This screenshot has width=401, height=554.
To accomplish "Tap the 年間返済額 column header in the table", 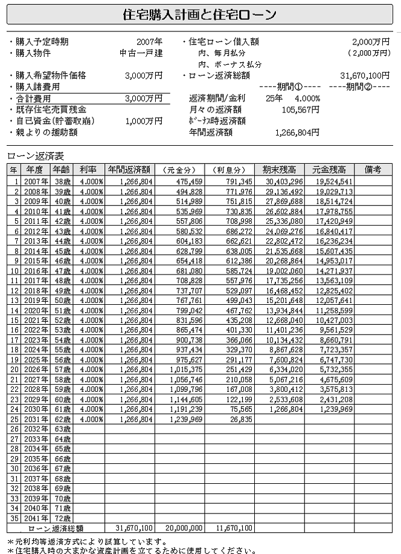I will point(130,170).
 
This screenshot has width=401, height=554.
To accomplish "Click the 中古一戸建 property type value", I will point(141,53).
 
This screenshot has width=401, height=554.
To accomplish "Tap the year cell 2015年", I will point(34,260).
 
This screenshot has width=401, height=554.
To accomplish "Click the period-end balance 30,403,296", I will point(283,180).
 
